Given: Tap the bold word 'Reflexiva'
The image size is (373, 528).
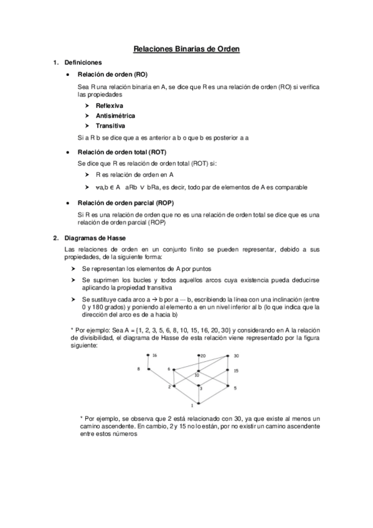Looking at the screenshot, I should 109,106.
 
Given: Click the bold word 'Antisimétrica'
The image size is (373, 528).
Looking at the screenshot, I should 115,116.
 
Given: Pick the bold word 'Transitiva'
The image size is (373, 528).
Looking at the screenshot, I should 110,126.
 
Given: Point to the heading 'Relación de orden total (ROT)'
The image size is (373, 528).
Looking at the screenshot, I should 121,152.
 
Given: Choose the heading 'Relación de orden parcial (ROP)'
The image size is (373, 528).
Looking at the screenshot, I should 125,203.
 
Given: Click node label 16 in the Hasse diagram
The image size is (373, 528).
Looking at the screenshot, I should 154,356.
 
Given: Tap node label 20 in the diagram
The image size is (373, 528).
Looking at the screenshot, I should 202,356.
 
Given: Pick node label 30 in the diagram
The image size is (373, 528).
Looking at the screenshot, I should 236,356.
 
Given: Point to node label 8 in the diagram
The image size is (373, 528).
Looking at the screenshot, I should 139,369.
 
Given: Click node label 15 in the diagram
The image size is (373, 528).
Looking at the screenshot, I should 236,370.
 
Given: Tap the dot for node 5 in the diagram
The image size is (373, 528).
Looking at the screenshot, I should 229,387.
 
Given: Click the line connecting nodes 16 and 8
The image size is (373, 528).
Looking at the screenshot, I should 148,362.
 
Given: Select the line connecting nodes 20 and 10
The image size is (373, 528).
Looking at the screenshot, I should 199,363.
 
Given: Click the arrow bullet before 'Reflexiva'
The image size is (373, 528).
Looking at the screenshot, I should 87,106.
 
